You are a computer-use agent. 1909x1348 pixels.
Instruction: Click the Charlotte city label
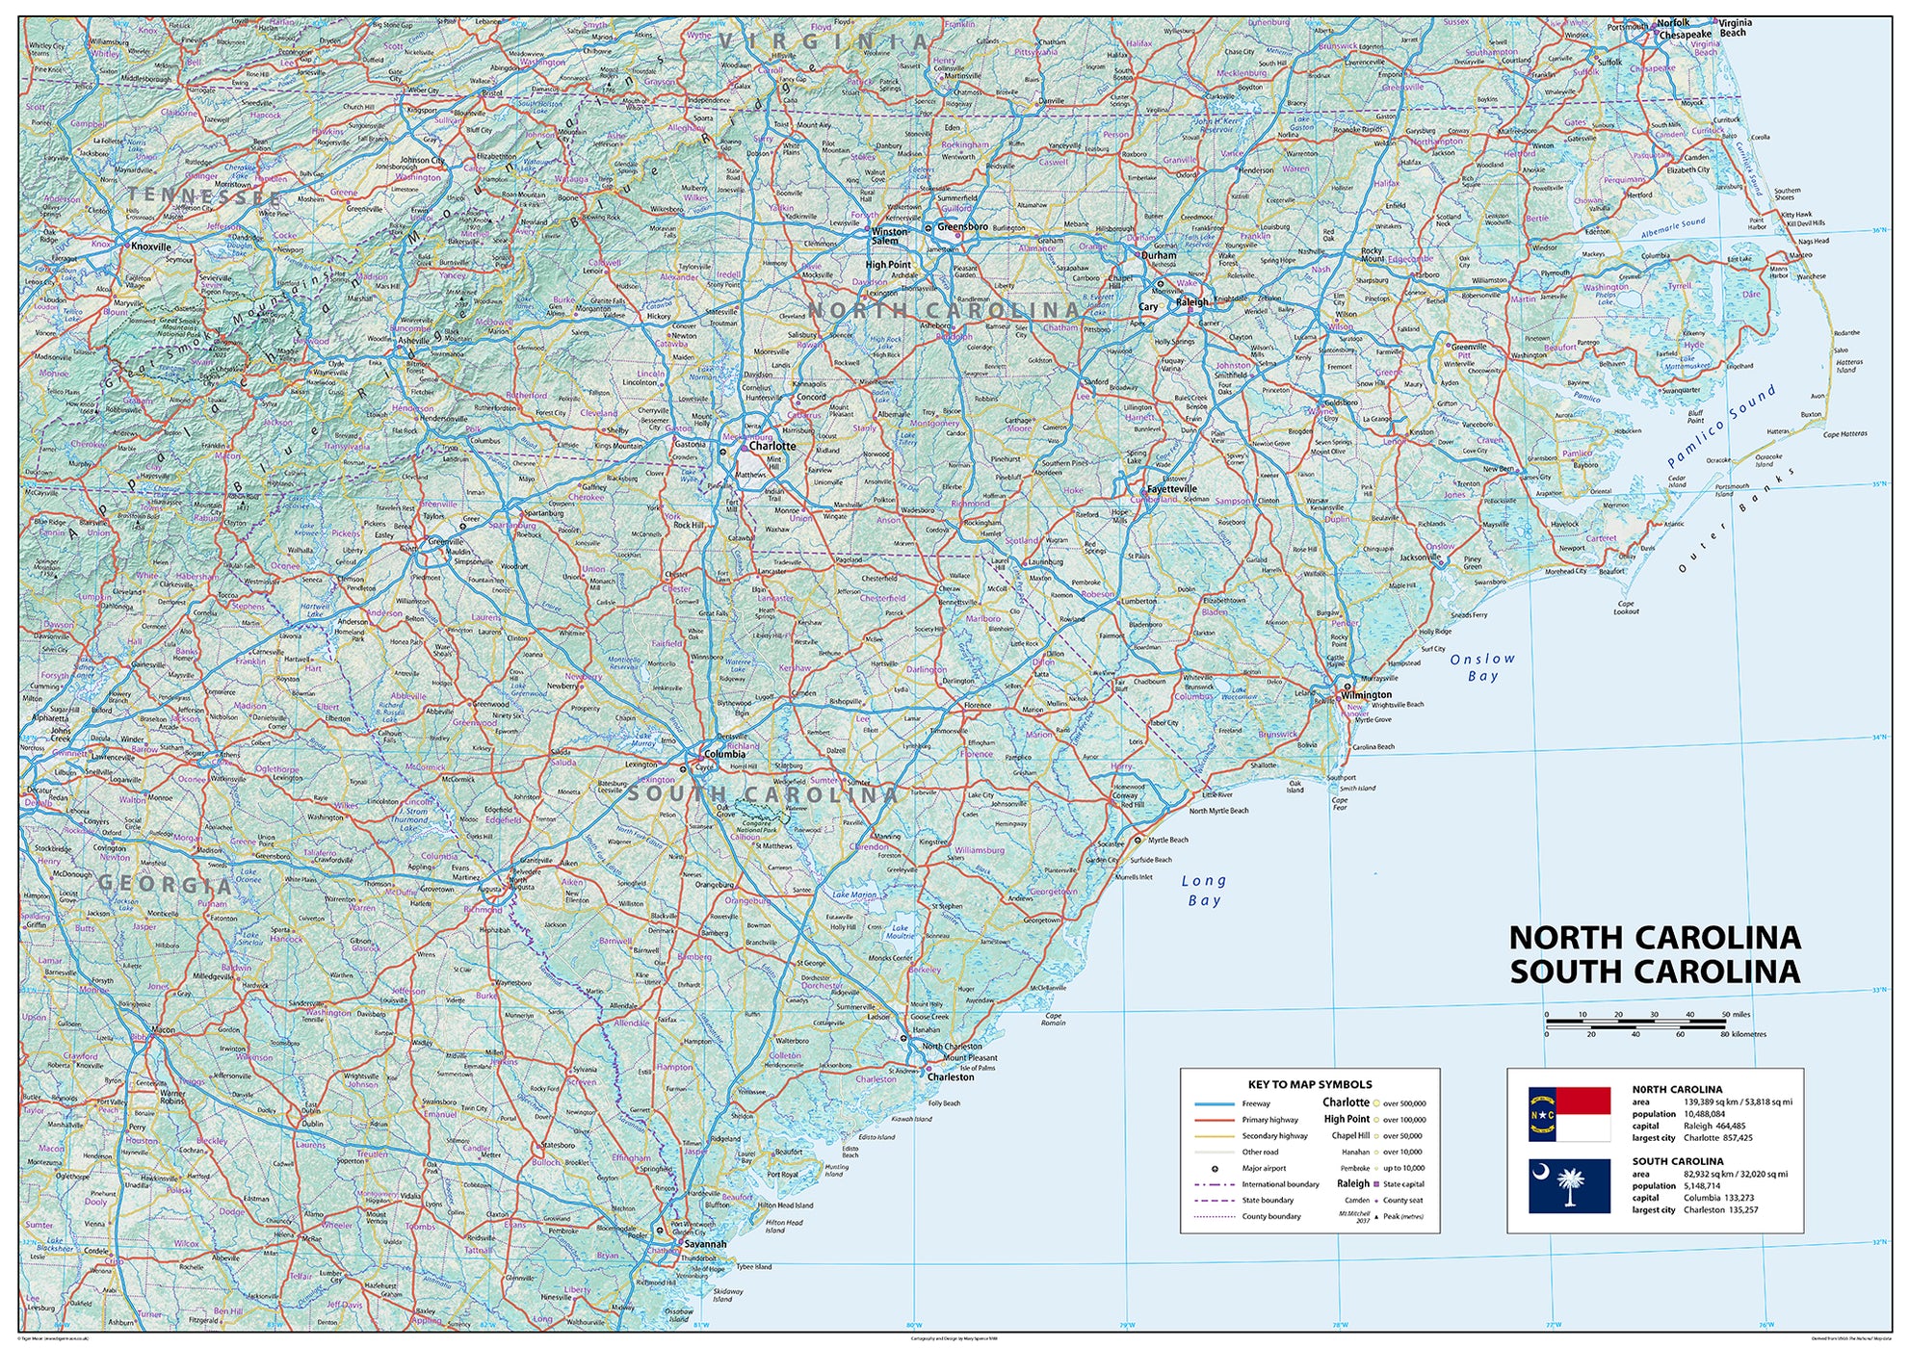(772, 446)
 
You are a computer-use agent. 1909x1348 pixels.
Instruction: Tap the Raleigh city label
(1191, 301)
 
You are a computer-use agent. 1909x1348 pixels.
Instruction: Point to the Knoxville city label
(151, 246)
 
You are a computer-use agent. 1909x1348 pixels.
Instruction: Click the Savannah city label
(705, 1244)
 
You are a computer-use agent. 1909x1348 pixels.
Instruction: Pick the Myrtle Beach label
(1167, 840)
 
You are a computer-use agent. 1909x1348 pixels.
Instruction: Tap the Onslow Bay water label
(1482, 667)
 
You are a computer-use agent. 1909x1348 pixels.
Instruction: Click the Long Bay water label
(1204, 891)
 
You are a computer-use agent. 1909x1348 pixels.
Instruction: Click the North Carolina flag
(1569, 1114)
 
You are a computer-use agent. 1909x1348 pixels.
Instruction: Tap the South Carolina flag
(1569, 1185)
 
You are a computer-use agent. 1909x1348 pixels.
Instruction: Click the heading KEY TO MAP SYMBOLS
(1310, 1084)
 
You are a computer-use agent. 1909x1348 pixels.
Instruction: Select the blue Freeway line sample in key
(1214, 1104)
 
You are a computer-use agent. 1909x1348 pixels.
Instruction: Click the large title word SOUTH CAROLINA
(1654, 972)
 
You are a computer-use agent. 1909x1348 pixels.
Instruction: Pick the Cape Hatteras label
(1844, 434)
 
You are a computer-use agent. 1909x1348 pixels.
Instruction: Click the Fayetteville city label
(1172, 488)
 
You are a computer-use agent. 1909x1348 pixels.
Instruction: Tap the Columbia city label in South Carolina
(724, 754)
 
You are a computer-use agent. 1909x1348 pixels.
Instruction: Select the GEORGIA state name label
(165, 884)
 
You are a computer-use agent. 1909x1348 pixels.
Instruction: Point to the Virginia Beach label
(1735, 27)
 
